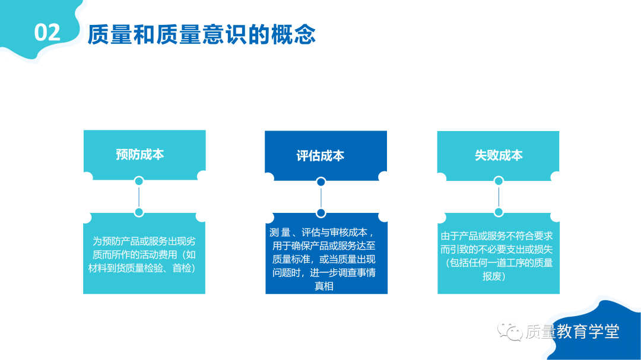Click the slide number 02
coord(47,32)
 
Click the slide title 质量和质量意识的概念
coord(202,34)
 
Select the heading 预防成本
coord(140,154)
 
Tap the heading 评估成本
coord(320,156)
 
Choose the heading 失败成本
coord(499,155)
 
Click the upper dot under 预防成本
coord(139,181)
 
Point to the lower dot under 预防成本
coord(139,212)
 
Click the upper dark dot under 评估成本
coord(321,181)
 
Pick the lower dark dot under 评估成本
coord(321,213)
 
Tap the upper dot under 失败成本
coord(499,181)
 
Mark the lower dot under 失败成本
coord(499,212)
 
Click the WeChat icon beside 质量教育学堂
coord(510,330)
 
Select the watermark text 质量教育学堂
coord(572,332)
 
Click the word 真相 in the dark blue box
coord(324,286)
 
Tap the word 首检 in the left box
coord(182,268)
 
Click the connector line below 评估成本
coord(321,197)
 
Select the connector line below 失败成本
coord(499,196)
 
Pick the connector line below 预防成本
coord(139,196)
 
